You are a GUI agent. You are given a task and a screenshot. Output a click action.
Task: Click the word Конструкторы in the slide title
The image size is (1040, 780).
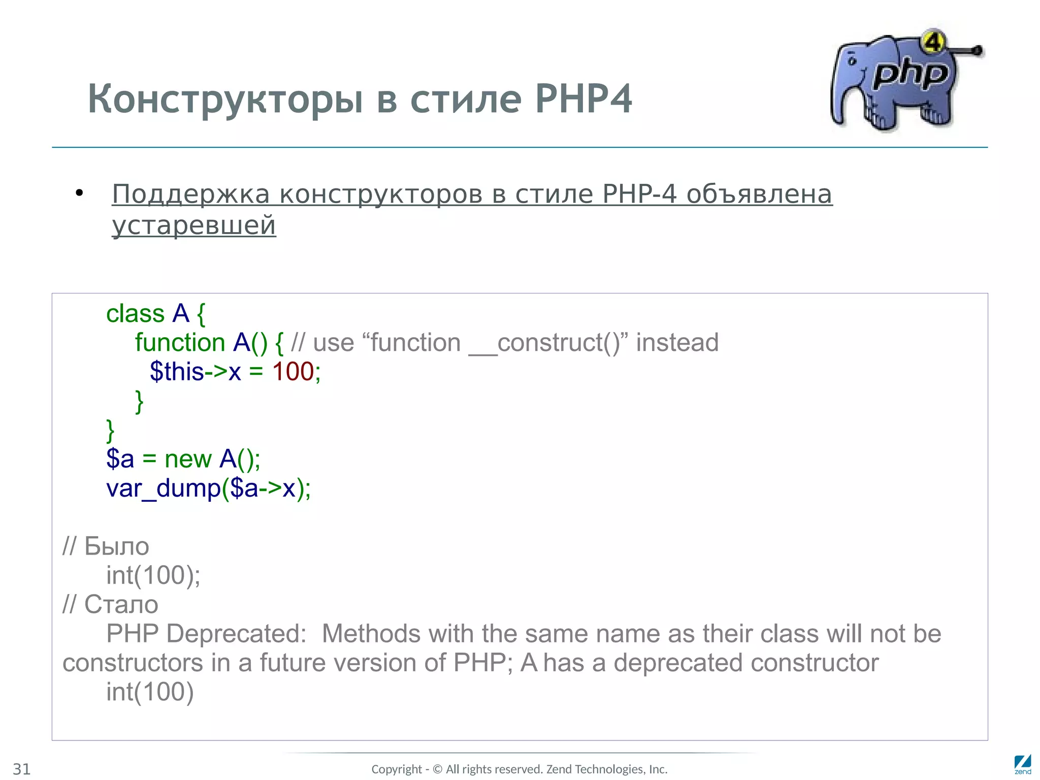click(x=225, y=99)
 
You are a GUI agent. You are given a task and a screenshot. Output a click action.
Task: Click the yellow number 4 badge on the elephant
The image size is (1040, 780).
click(x=933, y=42)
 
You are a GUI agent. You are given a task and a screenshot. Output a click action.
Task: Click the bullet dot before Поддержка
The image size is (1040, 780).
click(x=79, y=193)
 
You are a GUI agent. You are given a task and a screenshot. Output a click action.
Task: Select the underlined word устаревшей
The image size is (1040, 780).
click(x=194, y=225)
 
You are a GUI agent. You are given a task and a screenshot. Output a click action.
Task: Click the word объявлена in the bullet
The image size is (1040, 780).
click(x=759, y=194)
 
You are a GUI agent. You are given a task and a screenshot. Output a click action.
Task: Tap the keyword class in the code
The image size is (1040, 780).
click(x=135, y=314)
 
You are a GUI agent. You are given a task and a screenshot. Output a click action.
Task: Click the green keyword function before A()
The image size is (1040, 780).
click(x=180, y=343)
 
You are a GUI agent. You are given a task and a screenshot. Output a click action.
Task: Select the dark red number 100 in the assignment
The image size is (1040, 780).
click(x=293, y=372)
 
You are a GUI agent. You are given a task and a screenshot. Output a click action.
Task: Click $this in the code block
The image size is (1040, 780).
click(x=177, y=372)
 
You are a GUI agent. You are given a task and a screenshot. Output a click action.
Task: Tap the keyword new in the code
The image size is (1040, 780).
click(x=188, y=459)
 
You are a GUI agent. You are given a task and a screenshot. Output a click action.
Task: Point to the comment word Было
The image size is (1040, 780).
click(x=116, y=546)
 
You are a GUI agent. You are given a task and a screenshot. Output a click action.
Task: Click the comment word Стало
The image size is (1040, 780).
click(x=121, y=604)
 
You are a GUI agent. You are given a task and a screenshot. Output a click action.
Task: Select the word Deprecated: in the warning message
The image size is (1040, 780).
click(x=236, y=634)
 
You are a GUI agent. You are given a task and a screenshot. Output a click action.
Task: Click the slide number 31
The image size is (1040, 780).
click(x=22, y=769)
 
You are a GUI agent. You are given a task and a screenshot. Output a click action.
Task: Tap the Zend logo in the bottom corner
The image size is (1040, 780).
click(x=1022, y=764)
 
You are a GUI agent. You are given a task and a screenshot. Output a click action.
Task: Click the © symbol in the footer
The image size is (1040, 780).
click(x=437, y=769)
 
